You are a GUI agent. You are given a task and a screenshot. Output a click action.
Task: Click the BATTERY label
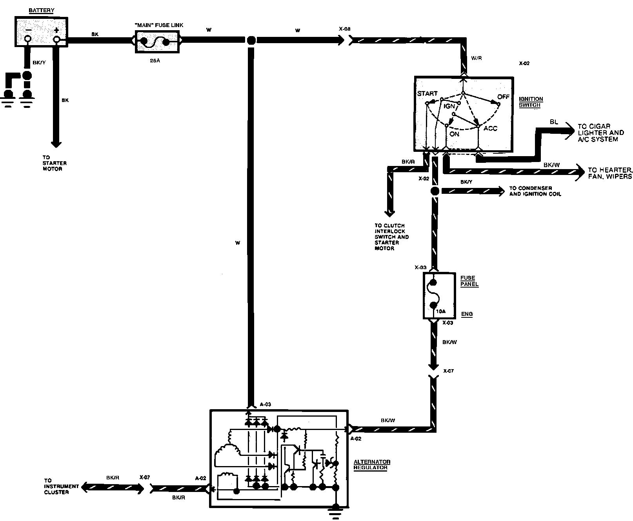41,11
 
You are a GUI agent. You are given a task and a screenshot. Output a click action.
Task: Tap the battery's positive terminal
57,39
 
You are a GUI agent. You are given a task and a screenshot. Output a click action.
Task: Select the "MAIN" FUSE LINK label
159,25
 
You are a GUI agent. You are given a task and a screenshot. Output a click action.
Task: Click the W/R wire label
477,58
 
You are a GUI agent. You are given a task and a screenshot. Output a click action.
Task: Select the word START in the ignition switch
427,93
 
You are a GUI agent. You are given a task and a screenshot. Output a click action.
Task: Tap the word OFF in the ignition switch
503,97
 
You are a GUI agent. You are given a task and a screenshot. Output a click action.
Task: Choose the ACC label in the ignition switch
490,128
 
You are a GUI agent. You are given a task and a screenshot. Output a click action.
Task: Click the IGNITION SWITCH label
531,102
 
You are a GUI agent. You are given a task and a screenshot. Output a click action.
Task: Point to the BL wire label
553,122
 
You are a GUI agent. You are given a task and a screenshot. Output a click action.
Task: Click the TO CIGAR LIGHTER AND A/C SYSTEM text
600,133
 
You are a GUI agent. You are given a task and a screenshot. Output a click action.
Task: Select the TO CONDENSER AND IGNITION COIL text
535,191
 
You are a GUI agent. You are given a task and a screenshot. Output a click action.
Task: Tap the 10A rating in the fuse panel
440,311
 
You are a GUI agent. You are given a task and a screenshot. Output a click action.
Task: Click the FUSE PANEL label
469,281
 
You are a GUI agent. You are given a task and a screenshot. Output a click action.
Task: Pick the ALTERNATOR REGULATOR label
372,465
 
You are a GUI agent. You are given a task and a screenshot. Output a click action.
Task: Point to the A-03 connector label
265,404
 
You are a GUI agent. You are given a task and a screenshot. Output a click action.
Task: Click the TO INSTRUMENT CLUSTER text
56,486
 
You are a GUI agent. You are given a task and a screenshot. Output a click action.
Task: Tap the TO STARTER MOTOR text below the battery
55,163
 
